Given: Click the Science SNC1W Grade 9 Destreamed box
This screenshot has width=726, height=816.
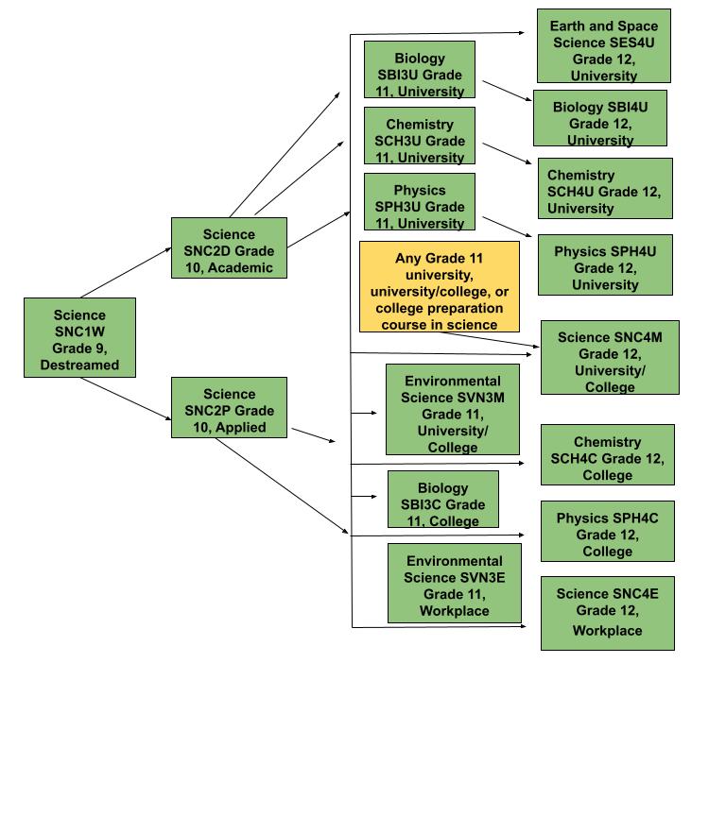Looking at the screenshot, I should (x=79, y=338).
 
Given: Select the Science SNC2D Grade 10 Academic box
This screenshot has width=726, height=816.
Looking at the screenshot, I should (x=229, y=248).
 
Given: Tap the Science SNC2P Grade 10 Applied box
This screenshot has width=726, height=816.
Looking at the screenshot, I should (x=229, y=408).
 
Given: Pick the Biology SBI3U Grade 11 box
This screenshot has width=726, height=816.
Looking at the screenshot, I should (x=420, y=70).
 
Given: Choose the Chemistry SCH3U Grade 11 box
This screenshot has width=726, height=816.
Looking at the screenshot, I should (x=420, y=136).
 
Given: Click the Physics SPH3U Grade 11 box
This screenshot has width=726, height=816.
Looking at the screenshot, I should (x=420, y=202).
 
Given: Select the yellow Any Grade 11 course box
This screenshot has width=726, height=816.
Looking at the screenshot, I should (x=440, y=286).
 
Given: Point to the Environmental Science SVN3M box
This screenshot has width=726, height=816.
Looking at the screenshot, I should (x=453, y=409).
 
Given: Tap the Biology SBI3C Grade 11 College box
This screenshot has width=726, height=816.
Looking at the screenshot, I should (x=443, y=500).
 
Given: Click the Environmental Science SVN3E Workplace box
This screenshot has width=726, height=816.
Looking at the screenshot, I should (x=454, y=583).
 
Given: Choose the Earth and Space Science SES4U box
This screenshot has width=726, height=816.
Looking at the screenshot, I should (x=604, y=46).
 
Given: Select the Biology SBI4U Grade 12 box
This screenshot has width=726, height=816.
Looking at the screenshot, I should (x=600, y=118).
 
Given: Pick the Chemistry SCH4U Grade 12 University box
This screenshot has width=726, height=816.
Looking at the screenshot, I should (x=605, y=188).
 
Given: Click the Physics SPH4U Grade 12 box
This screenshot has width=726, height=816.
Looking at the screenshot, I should (x=605, y=264).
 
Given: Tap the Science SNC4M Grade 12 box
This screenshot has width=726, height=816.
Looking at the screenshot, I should (x=610, y=357).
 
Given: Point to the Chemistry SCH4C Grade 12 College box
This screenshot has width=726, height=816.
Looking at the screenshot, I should (x=607, y=454).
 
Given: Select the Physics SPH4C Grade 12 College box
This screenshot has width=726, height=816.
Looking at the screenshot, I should (x=607, y=531).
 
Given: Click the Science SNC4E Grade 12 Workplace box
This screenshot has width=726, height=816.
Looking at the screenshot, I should (x=607, y=613).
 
